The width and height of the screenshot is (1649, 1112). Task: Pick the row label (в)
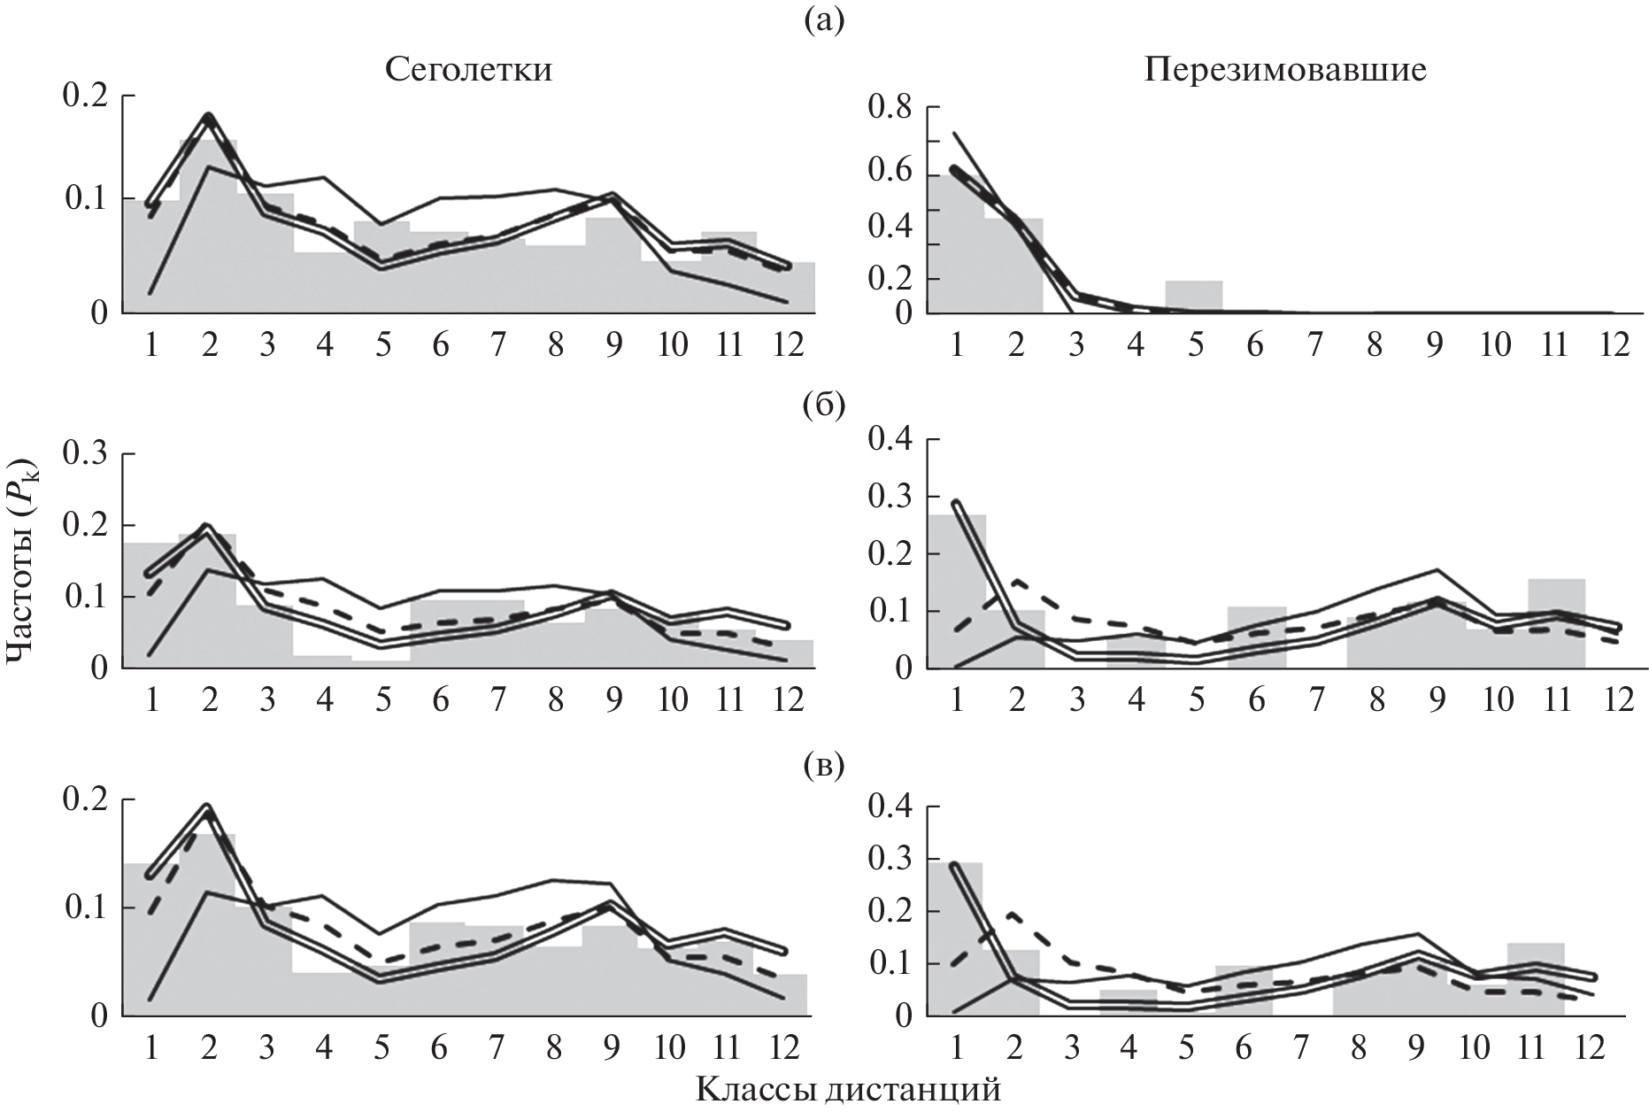(823, 768)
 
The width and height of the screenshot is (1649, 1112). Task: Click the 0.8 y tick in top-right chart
(890, 110)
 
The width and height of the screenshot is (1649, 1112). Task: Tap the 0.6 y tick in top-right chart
(890, 174)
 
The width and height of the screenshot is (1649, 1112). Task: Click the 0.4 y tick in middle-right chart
(890, 439)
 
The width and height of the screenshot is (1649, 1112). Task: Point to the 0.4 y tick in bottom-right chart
(890, 807)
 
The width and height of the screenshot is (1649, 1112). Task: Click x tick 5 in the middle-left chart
(382, 700)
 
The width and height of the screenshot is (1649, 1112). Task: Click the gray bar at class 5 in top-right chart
(1194, 297)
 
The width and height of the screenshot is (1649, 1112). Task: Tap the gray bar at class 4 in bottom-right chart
(1128, 1002)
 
